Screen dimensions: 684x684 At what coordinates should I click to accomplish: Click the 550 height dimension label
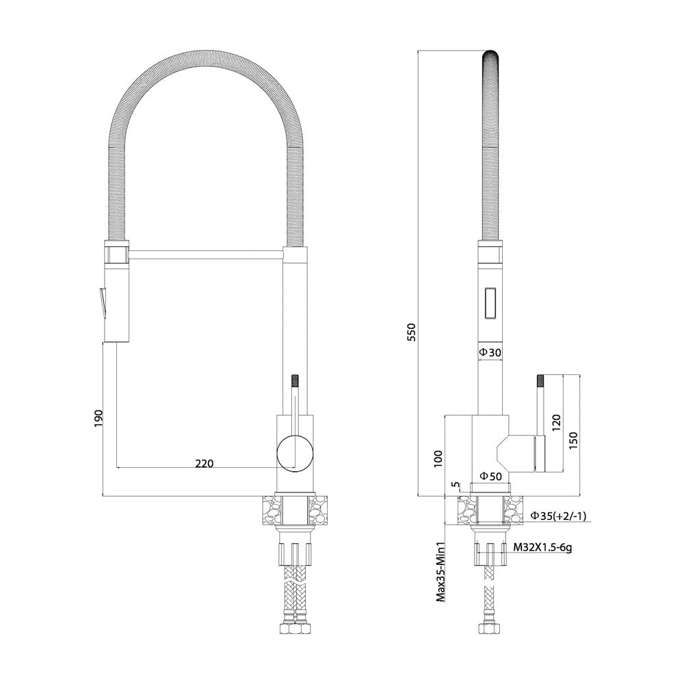[x=412, y=332]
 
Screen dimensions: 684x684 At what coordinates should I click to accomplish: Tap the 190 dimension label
[x=98, y=419]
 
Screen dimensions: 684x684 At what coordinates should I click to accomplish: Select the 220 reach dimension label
[x=204, y=463]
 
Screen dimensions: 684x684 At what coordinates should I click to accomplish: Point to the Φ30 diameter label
[x=490, y=352]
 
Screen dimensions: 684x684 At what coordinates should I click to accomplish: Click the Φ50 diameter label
[x=490, y=476]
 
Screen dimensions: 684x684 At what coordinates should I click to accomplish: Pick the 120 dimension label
[x=556, y=423]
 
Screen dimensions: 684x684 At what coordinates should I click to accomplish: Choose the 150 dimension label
[x=573, y=440]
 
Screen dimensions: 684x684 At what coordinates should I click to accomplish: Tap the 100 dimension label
[x=438, y=459]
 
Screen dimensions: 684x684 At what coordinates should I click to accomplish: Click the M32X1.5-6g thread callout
[x=542, y=547]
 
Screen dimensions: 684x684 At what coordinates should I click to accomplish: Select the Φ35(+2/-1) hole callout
[x=558, y=516]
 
